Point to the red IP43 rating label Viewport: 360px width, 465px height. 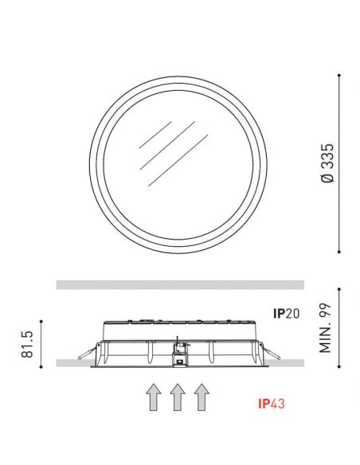point(272,404)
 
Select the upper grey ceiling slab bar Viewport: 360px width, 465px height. point(180,285)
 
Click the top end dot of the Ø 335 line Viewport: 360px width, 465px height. point(341,74)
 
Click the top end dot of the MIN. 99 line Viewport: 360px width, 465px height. point(341,288)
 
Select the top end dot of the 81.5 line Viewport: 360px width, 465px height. point(41,320)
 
